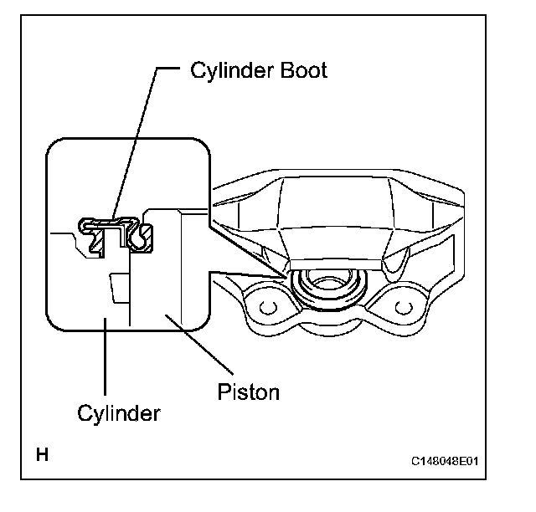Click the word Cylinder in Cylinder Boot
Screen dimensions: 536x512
click(232, 70)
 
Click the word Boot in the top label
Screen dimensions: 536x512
click(303, 70)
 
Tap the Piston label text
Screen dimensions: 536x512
click(249, 392)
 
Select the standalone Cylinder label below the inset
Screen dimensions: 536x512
click(119, 414)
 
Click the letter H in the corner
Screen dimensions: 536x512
click(42, 454)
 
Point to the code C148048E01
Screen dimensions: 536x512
click(445, 461)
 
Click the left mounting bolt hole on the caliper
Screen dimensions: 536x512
click(268, 307)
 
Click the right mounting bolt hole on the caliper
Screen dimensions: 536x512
click(404, 307)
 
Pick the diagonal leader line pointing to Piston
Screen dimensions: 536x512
click(199, 345)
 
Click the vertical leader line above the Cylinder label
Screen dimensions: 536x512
click(106, 356)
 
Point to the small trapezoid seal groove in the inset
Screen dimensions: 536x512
click(119, 288)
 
